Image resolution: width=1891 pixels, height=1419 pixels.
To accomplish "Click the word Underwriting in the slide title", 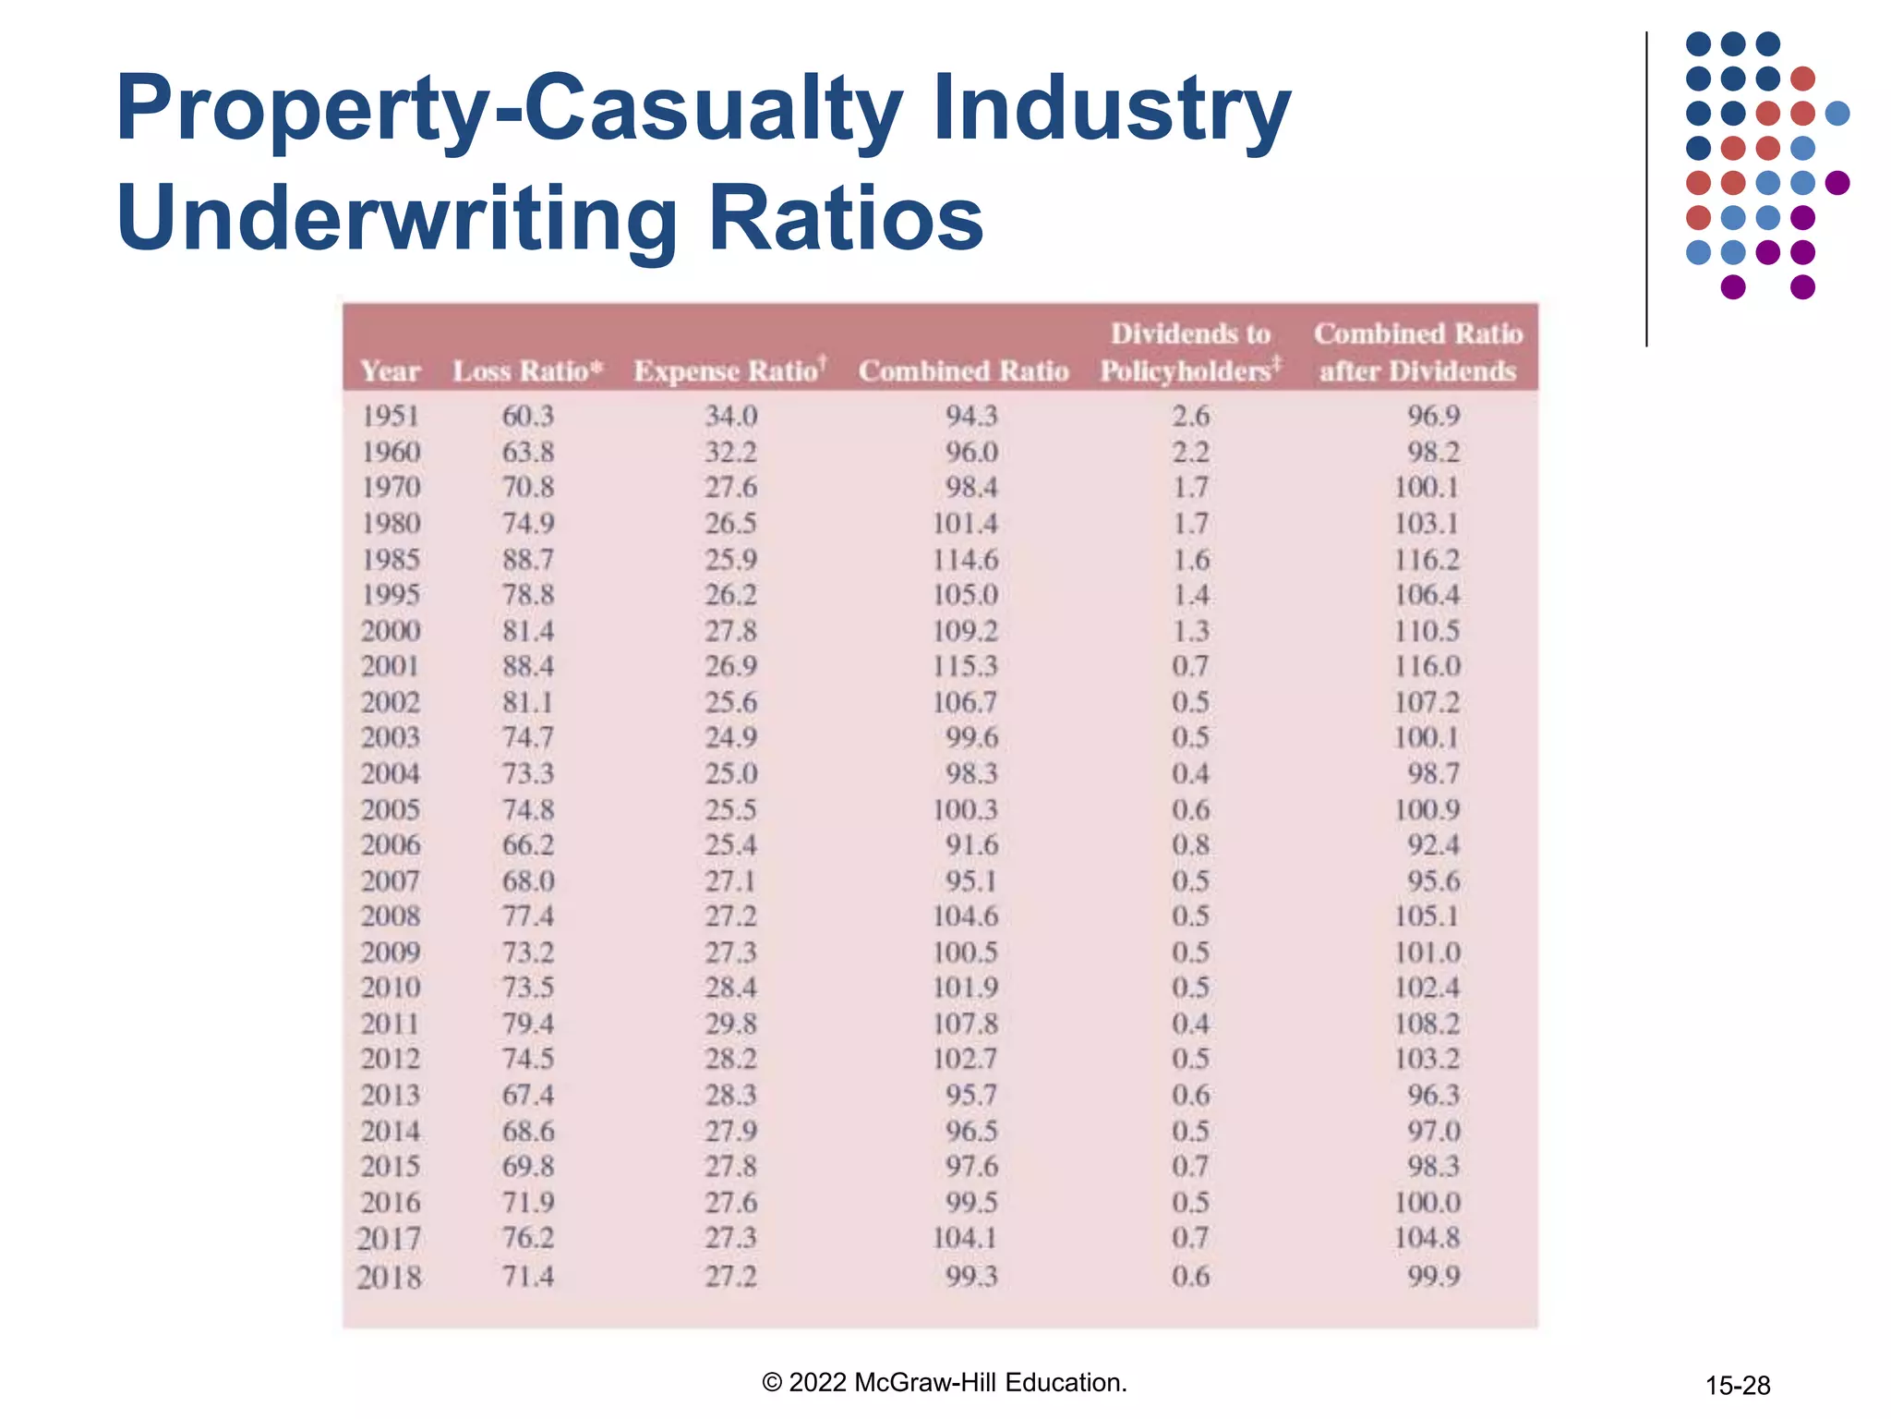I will click(x=398, y=218).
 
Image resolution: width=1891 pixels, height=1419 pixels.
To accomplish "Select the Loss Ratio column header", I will click(x=527, y=370).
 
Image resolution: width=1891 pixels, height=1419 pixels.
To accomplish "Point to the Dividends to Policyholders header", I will click(x=1190, y=352).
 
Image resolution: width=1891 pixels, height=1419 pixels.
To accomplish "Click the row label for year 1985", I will click(x=391, y=559).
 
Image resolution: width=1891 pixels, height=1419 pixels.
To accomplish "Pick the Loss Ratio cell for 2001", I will click(x=527, y=666).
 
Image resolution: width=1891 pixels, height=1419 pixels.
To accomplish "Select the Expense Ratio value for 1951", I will click(x=730, y=416).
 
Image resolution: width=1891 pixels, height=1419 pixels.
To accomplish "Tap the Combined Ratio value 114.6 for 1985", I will click(x=965, y=559).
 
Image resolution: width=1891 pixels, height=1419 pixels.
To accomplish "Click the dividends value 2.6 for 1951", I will click(x=1190, y=416).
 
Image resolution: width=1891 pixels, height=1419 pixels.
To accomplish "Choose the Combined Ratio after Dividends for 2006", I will click(x=1433, y=844).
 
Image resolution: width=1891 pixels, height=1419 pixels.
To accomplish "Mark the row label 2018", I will click(x=389, y=1277).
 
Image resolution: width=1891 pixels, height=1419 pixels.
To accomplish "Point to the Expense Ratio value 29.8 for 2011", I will click(x=730, y=1023).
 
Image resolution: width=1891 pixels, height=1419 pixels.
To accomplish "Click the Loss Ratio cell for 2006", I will click(x=527, y=844).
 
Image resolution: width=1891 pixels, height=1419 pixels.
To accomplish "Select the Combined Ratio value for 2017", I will click(x=965, y=1237).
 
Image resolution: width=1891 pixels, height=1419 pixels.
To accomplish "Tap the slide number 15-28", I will click(x=1737, y=1385).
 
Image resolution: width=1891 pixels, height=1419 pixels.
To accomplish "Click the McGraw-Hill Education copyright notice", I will click(x=945, y=1382).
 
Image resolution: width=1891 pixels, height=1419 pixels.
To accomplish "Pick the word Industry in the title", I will click(x=1111, y=109).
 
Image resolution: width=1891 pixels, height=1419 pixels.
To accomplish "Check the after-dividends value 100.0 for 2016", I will click(x=1427, y=1202).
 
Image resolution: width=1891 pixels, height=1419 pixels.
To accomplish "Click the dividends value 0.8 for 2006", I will click(x=1190, y=844).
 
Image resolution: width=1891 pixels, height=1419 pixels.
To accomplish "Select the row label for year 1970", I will click(x=391, y=487).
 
